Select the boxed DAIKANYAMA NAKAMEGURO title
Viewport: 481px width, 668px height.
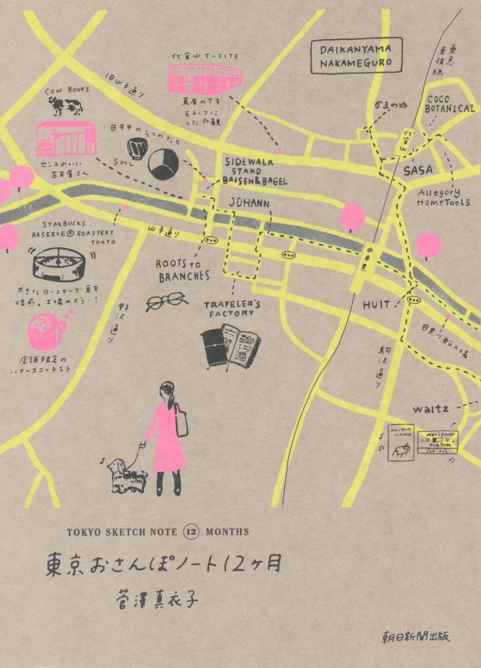354,56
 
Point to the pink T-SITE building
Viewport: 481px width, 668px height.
203,74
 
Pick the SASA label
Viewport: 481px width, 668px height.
418,171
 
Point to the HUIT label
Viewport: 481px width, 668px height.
376,306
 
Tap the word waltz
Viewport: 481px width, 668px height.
430,408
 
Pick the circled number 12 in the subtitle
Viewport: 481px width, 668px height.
189,530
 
